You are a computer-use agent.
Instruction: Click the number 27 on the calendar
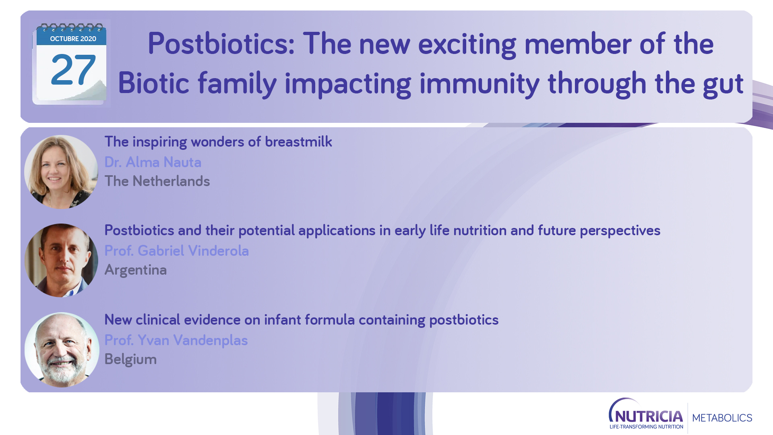(x=73, y=70)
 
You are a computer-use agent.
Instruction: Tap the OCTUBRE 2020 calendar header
(x=73, y=39)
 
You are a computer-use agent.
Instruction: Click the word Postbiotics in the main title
(x=221, y=44)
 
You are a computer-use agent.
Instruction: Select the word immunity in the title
(x=479, y=84)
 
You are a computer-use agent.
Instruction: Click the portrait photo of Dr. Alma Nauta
(x=61, y=172)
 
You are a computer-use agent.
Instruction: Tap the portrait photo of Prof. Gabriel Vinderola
(x=61, y=261)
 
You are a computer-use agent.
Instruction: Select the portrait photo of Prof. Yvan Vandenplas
(x=62, y=350)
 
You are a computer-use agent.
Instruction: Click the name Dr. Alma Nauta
(x=153, y=162)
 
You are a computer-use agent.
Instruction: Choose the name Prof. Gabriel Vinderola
(x=177, y=251)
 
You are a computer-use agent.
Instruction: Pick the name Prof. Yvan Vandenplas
(x=176, y=340)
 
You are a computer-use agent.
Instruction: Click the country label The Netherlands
(x=157, y=181)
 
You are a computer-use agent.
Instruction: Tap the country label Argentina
(x=136, y=270)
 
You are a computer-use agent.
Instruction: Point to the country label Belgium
(x=130, y=359)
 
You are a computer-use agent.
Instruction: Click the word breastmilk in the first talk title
(x=298, y=142)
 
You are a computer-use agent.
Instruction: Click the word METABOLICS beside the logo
(x=722, y=418)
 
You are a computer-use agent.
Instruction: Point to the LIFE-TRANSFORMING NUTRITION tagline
(x=647, y=427)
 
